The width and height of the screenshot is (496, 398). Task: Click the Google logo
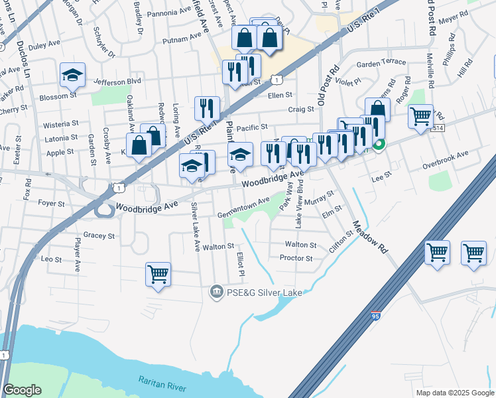22,390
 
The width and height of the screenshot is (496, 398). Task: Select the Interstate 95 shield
376,317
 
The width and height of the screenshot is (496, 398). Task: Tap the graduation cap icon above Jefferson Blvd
72,75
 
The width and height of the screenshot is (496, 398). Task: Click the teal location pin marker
379,144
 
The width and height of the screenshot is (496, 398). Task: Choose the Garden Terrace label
381,63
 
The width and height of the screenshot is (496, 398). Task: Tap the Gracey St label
99,235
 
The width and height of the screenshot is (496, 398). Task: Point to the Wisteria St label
60,124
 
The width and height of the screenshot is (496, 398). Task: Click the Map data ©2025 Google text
454,393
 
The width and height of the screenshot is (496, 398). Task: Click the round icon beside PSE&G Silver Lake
216,291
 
